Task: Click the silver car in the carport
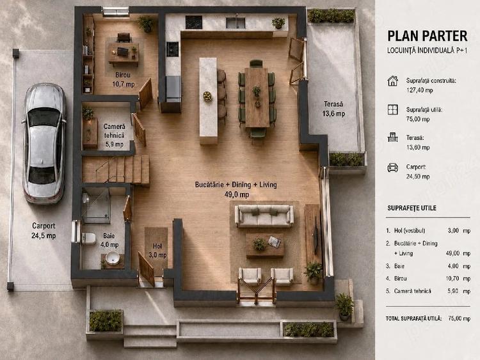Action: [x=44, y=143]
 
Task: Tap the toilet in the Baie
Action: [x=89, y=239]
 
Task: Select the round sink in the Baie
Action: [x=113, y=258]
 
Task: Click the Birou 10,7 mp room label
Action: [x=123, y=79]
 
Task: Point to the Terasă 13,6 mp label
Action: [x=333, y=109]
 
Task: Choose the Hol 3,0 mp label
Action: [x=157, y=250]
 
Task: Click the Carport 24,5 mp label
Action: [x=44, y=231]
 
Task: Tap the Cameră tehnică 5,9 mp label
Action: [x=114, y=135]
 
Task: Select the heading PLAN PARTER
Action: [x=428, y=36]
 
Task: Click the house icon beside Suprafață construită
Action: [x=393, y=81]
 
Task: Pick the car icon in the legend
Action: [x=393, y=168]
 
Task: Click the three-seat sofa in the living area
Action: [x=264, y=216]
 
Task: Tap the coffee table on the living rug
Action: [x=265, y=245]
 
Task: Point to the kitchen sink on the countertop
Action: [x=236, y=23]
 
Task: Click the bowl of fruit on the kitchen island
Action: [x=207, y=96]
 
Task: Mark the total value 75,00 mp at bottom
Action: [x=459, y=318]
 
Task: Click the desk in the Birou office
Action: [x=124, y=54]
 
